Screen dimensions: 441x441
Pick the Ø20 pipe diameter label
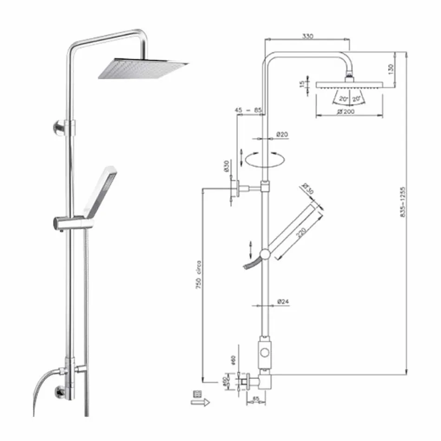pos(282,134)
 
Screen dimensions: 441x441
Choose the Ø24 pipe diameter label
pos(283,301)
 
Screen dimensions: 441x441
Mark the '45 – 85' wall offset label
pos(248,110)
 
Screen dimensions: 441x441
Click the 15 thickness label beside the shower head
pos(302,84)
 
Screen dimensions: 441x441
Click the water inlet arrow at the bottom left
pos(201,402)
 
